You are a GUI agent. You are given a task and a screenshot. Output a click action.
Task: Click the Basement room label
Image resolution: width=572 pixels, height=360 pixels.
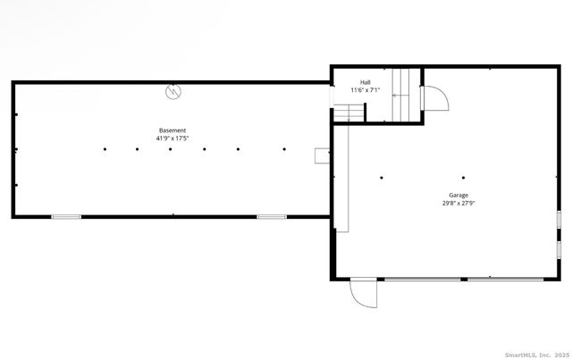pos(173,131)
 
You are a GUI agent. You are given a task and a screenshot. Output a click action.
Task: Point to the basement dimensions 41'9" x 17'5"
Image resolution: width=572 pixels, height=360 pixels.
pos(173,138)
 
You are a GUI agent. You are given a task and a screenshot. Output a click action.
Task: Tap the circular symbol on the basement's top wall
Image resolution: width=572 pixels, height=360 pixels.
pos(172,90)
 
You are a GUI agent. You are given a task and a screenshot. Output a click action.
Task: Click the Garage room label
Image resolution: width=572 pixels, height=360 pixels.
pos(458,195)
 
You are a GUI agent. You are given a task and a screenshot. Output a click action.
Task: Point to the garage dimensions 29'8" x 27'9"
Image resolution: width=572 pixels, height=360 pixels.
pos(458,203)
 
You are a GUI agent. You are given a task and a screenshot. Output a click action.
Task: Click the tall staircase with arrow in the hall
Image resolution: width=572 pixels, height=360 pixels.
pos(406,95)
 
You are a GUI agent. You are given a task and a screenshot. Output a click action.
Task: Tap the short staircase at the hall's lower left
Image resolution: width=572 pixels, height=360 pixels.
pos(349,113)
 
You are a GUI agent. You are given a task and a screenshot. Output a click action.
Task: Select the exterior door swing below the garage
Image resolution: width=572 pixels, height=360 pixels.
pos(365,294)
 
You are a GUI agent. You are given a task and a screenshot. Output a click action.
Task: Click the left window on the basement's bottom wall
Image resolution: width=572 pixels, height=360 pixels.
pos(66,216)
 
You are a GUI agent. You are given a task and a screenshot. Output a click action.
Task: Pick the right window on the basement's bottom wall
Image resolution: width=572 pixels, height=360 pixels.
pos(271,216)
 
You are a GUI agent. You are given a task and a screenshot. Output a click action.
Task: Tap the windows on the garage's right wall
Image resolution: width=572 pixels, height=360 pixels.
pos(559,231)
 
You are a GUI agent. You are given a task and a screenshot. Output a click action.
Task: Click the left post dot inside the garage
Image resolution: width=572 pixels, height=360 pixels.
pos(382,177)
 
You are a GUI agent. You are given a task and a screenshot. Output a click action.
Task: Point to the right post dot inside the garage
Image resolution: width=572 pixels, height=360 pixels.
pos(464,177)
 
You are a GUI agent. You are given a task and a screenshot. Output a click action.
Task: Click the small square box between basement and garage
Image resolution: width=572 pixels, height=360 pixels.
pos(322,155)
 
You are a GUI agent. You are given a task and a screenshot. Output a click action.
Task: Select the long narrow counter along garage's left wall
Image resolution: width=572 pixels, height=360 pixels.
pos(341,179)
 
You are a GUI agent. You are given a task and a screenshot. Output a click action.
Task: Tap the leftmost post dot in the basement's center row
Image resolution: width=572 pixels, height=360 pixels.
pos(105,149)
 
